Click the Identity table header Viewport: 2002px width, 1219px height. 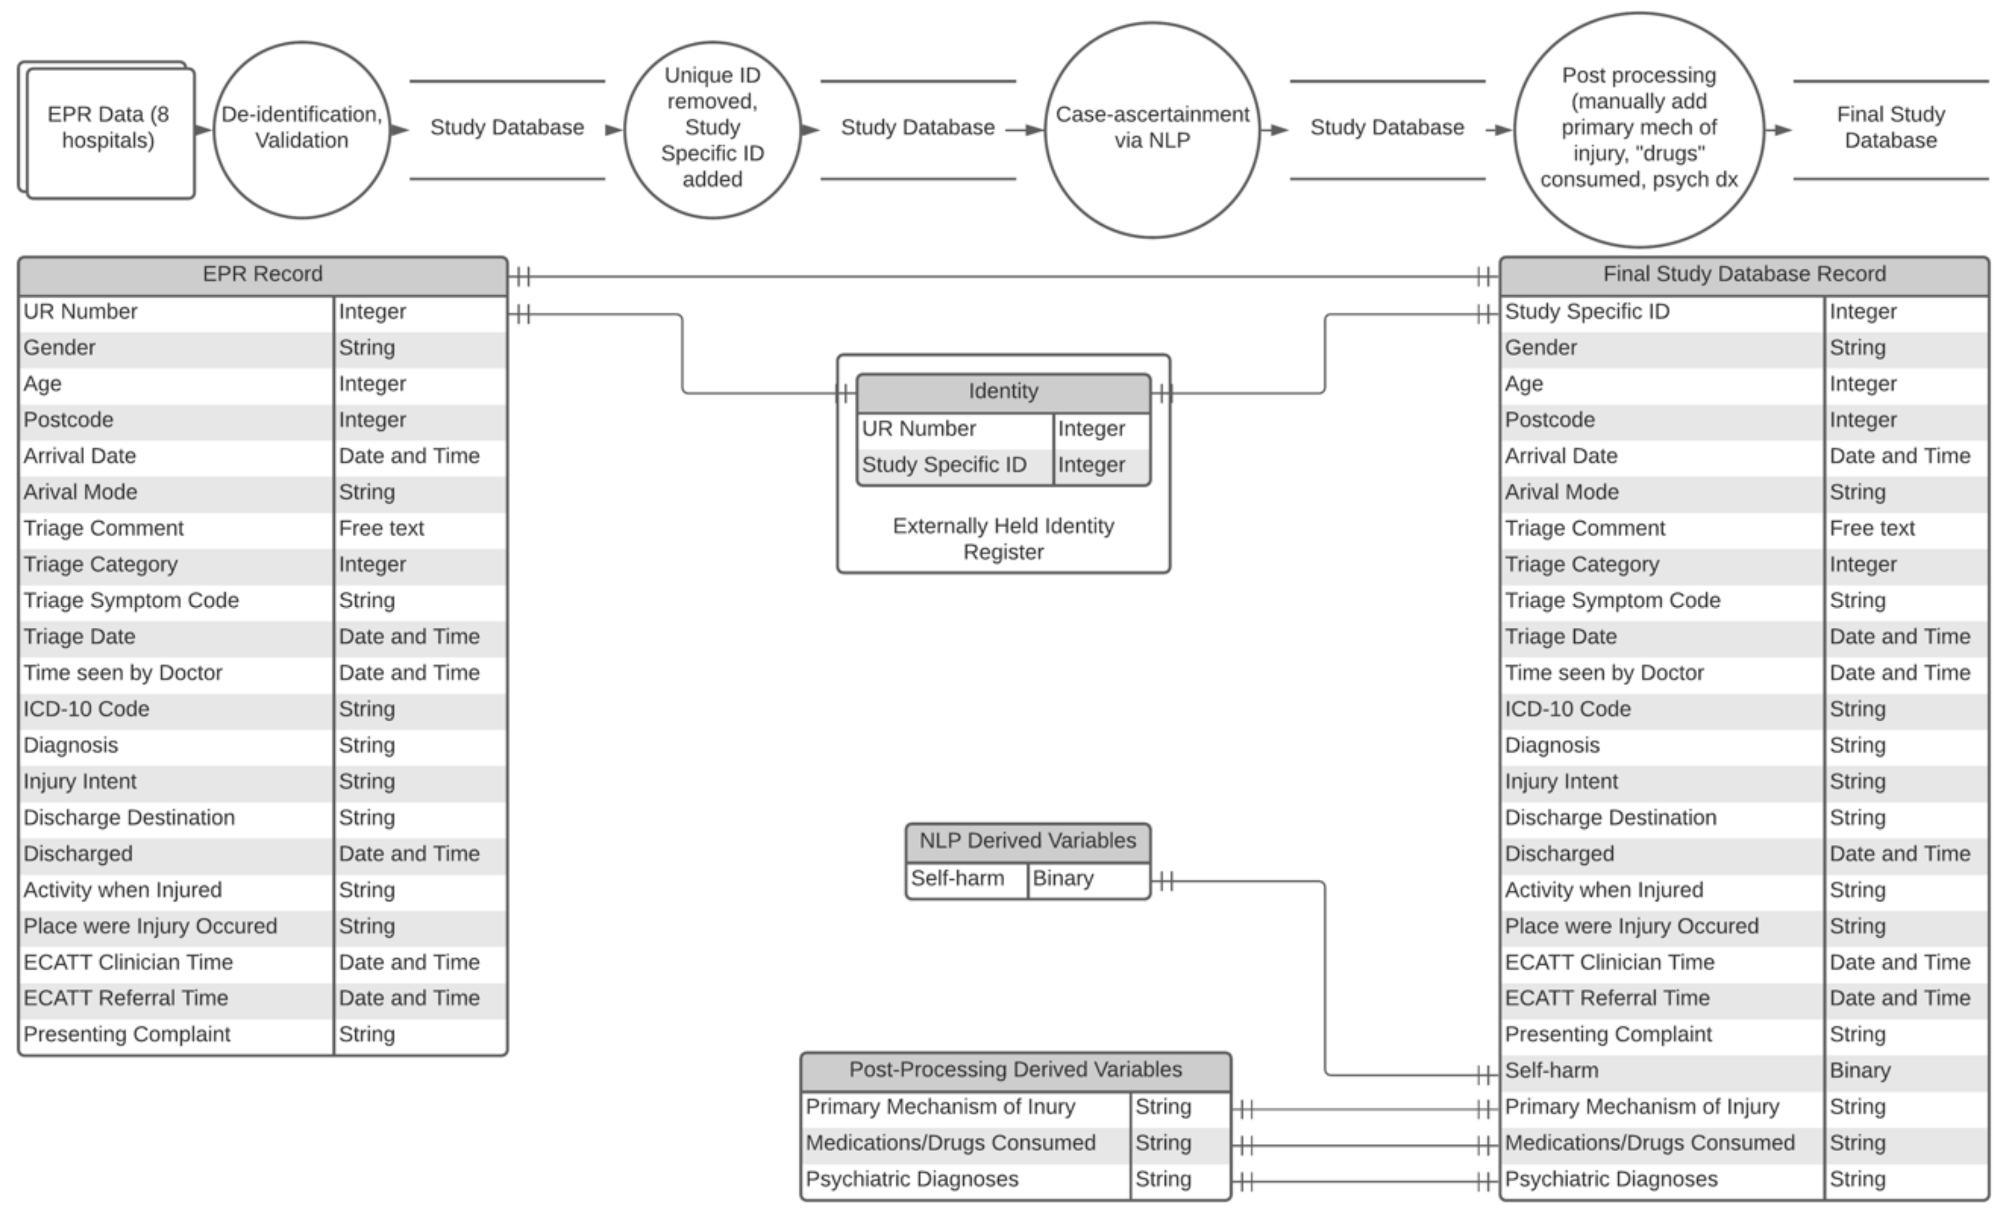pos(1003,392)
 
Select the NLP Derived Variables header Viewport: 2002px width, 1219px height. pos(1027,841)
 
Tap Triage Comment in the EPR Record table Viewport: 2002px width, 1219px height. pos(104,528)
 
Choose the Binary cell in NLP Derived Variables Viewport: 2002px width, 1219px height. pos(1063,879)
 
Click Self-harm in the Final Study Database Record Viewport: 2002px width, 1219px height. pos(1551,1071)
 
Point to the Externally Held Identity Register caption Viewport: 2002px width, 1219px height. pos(1003,539)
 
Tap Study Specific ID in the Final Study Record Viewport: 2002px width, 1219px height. pos(1586,312)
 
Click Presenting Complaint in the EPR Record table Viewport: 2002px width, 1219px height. pos(127,1034)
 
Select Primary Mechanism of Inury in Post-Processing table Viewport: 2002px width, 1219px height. pos(940,1107)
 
